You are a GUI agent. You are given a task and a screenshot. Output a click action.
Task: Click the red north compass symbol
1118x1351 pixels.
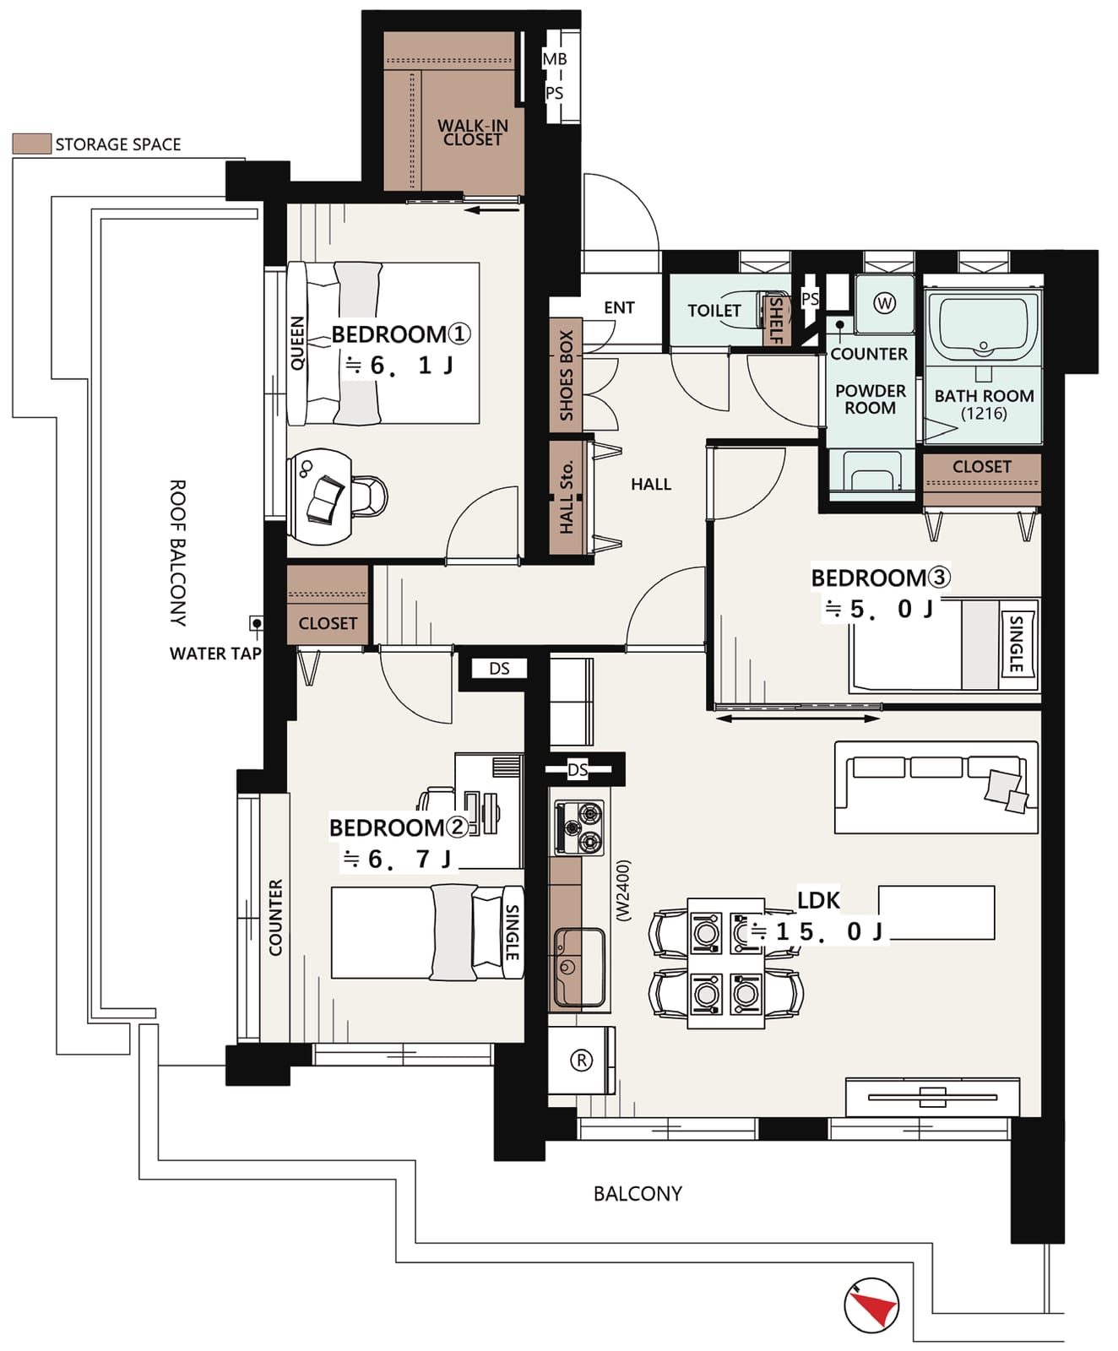(871, 1305)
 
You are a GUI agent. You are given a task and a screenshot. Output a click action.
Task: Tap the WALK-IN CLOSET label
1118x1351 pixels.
(472, 133)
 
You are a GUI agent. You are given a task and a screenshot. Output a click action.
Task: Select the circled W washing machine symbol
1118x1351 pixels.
(884, 302)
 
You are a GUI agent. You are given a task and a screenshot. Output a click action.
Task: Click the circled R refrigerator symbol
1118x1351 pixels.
(581, 1060)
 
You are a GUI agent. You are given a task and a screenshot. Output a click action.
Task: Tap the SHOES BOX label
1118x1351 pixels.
(566, 376)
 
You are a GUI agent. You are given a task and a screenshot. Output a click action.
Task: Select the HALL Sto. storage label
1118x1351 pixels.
(566, 497)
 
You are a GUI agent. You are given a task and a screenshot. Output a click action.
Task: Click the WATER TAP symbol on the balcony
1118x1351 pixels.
(256, 623)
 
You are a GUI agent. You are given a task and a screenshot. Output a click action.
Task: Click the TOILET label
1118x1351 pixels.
(714, 311)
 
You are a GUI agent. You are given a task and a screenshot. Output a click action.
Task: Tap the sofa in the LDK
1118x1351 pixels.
(936, 787)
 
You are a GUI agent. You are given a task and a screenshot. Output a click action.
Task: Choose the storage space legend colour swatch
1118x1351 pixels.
(32, 144)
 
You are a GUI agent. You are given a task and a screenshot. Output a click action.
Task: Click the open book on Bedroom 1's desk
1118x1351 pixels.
(325, 498)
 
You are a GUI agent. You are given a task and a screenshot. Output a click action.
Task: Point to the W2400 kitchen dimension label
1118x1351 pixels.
(622, 890)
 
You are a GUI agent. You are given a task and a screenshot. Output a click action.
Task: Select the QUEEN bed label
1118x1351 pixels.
(297, 343)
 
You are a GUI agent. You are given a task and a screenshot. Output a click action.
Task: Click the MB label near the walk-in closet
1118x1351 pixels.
(555, 59)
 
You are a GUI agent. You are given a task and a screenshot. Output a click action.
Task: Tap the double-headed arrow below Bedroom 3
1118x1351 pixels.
(798, 719)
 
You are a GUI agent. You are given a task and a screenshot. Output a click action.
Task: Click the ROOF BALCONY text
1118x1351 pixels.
(178, 553)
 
